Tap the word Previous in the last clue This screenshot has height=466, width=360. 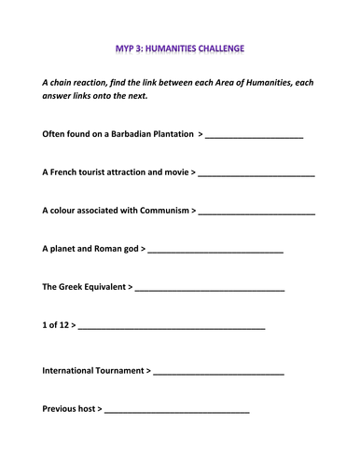click(61, 408)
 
